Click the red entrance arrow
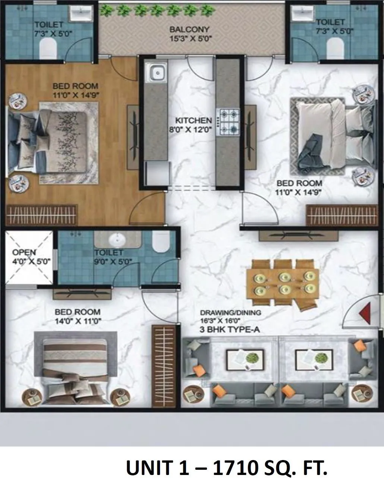[x=364, y=310]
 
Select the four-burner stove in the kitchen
[x=228, y=121]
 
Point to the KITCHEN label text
[x=193, y=121]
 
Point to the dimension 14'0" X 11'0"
[x=78, y=320]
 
